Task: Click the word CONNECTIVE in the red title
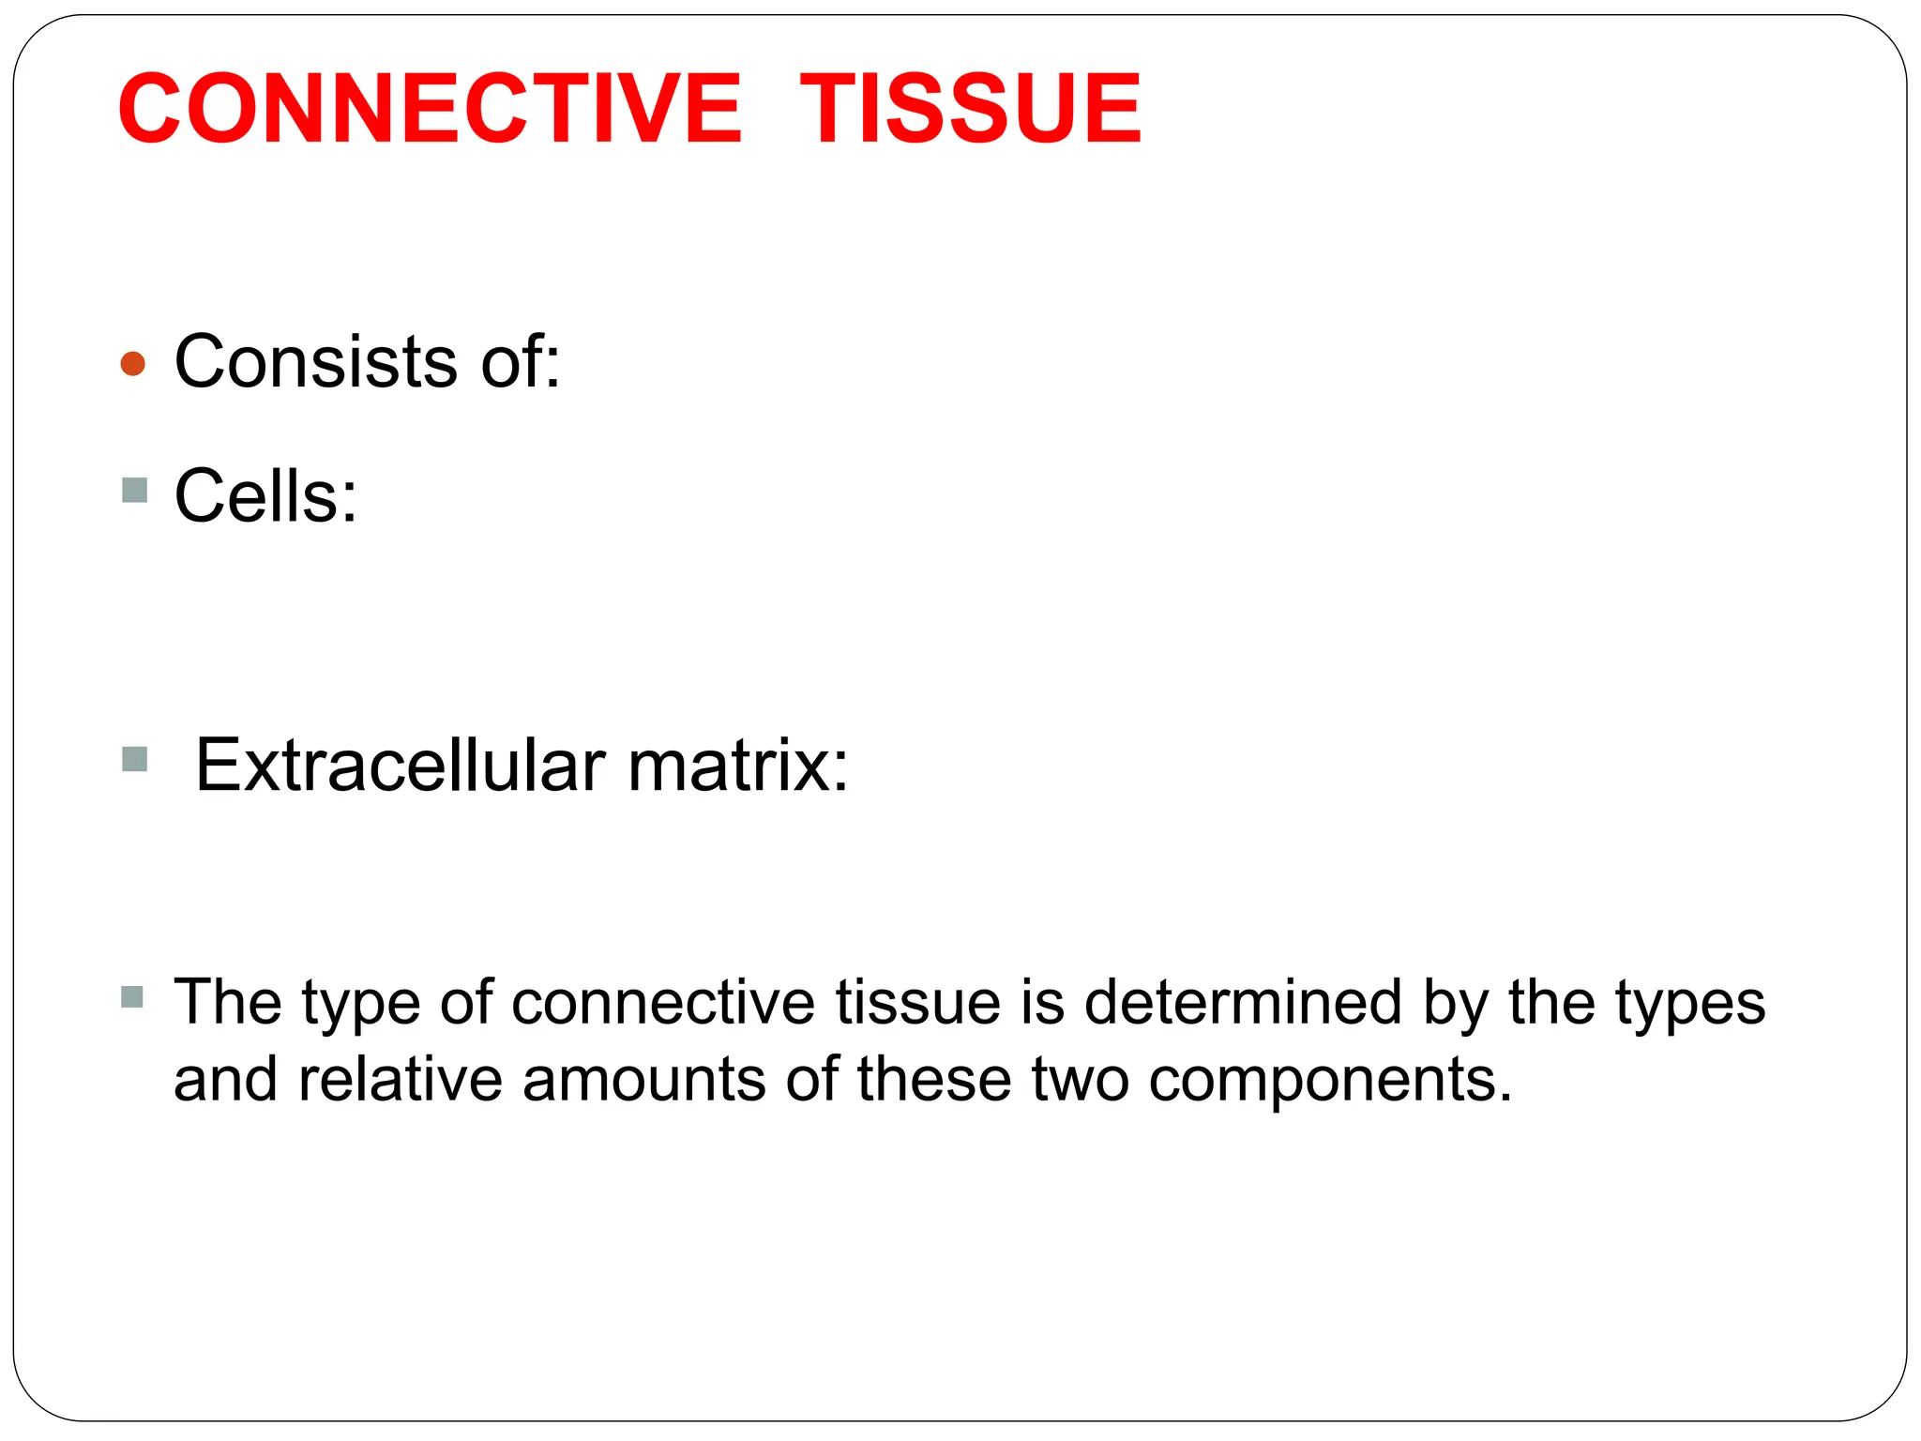430,109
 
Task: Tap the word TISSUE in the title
971,109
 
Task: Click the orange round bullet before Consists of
133,363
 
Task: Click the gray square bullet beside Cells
135,490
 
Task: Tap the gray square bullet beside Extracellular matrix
135,759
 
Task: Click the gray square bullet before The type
132,996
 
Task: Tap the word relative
401,1079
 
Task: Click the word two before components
1081,1079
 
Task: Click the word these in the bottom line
934,1079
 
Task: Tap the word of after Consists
520,361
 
